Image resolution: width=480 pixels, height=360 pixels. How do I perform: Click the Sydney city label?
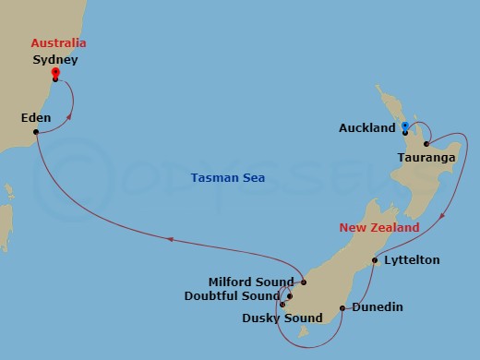[x=54, y=60]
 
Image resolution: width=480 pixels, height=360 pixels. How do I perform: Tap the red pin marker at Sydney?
[x=55, y=73]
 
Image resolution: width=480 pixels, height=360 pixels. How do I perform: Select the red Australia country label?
[x=58, y=42]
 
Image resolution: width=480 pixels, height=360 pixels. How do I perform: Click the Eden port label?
[x=36, y=117]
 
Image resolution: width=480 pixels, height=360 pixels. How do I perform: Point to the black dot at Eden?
[x=36, y=132]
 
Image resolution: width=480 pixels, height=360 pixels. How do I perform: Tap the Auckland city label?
[x=367, y=128]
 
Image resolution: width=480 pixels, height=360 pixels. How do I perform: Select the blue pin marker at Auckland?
[x=405, y=127]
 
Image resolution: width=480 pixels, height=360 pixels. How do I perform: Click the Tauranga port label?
[x=426, y=158]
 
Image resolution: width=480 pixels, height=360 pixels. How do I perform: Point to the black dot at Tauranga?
[x=426, y=143]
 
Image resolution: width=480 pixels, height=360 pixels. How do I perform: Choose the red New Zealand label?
[x=378, y=227]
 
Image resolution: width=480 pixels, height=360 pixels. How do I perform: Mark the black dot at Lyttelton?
[x=374, y=260]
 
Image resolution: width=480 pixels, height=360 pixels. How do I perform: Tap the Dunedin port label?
[x=377, y=307]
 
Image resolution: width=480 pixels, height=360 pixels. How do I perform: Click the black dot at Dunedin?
[x=342, y=307]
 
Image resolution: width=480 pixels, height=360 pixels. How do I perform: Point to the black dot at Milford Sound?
[x=303, y=282]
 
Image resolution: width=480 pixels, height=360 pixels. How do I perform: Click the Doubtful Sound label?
[x=243, y=296]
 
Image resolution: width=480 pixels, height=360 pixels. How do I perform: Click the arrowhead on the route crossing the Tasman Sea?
[x=170, y=239]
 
